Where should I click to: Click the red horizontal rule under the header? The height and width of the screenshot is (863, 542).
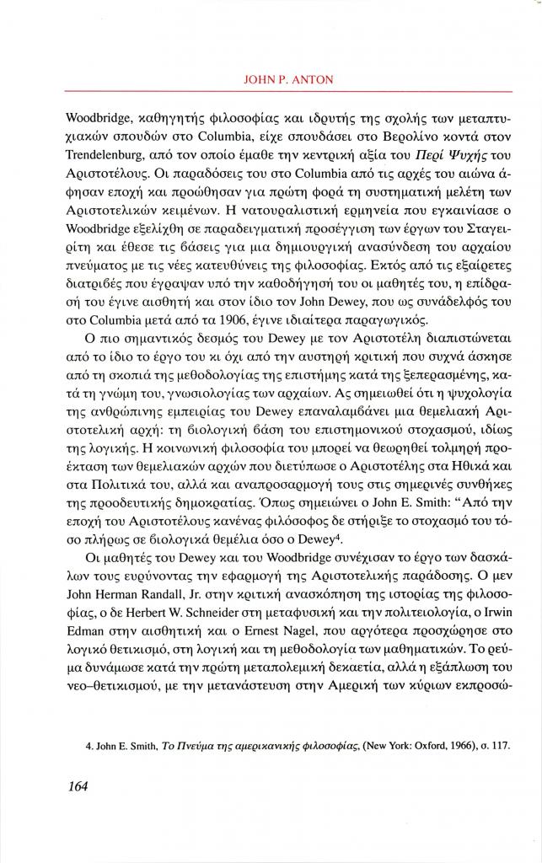[x=288, y=91]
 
